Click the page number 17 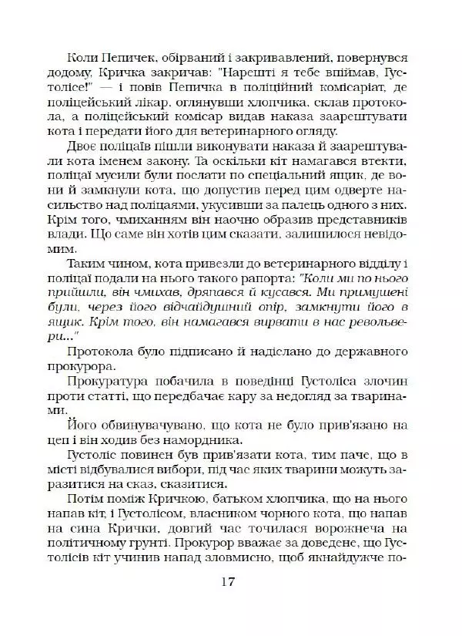pos(231,581)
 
